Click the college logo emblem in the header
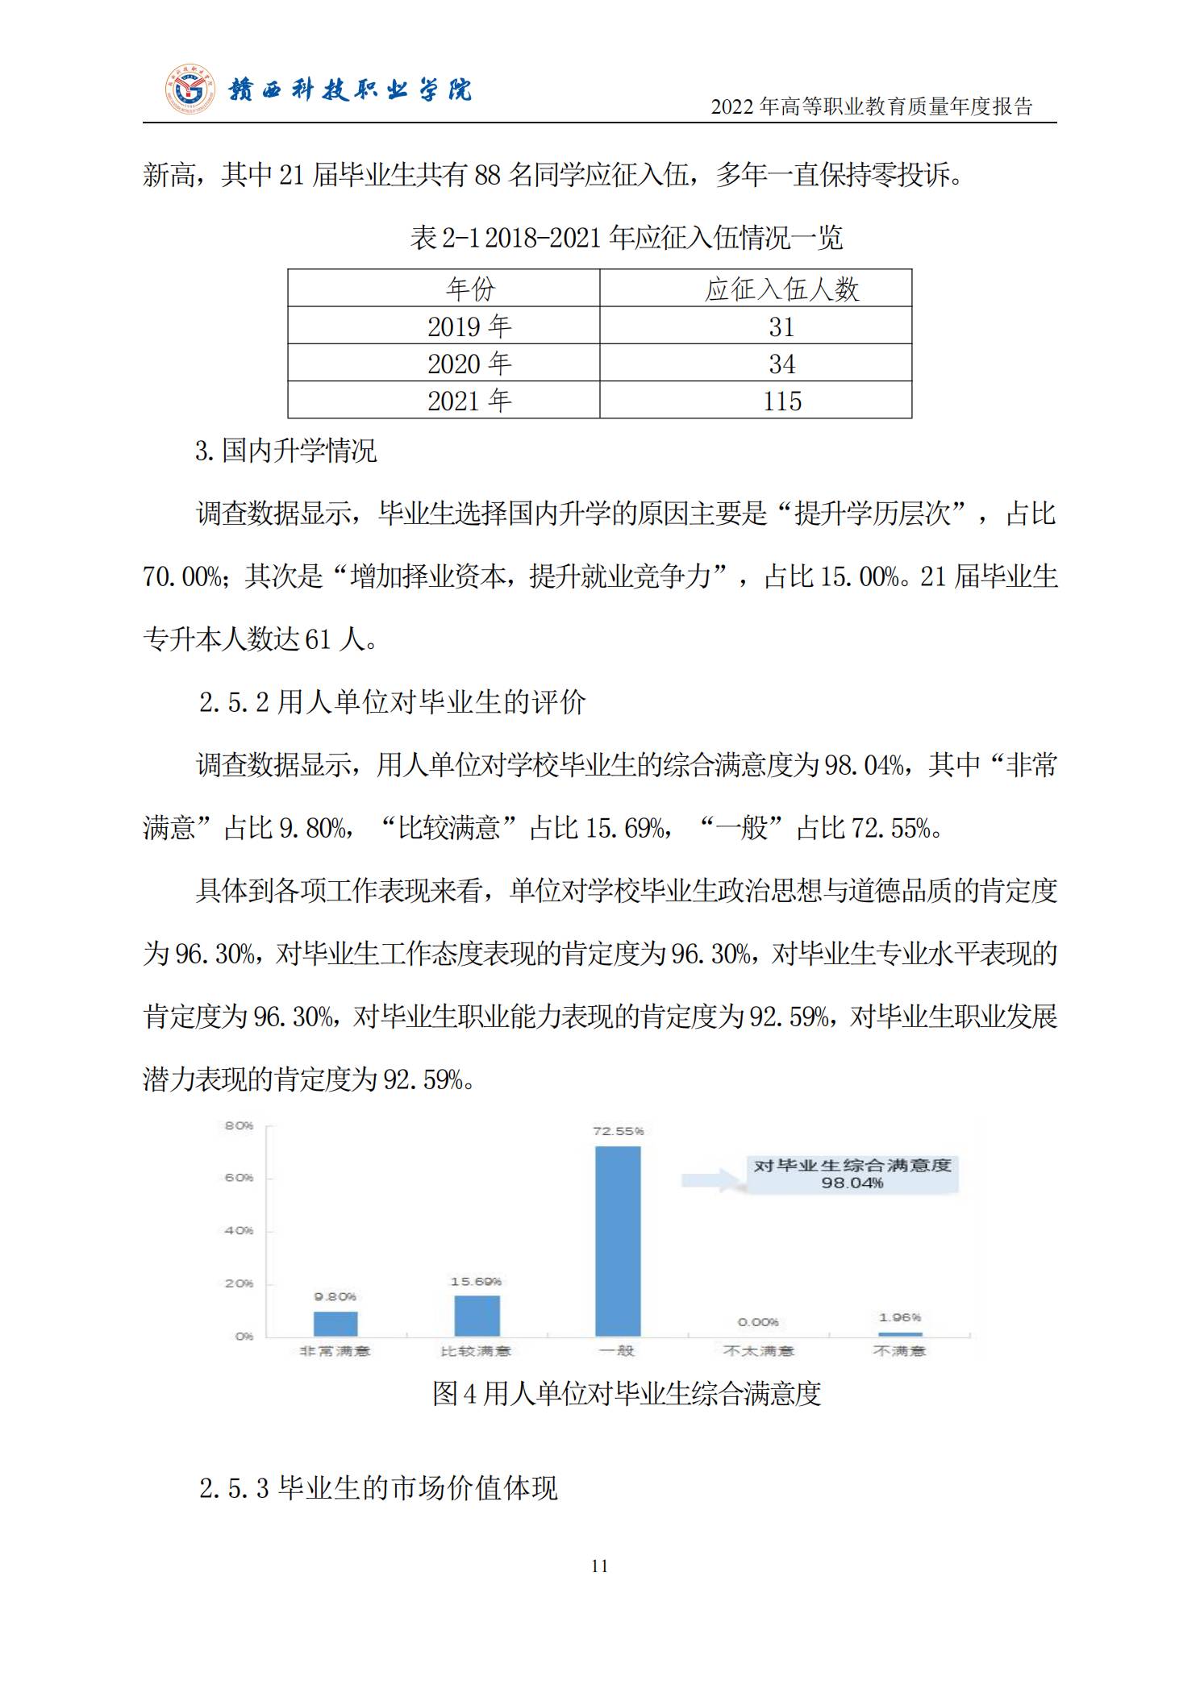[x=191, y=89]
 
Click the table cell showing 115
[x=781, y=401]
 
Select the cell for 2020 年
[x=469, y=364]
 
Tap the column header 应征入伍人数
[x=781, y=289]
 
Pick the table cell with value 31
[x=781, y=327]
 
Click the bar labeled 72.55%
[x=618, y=1242]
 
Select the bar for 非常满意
[x=335, y=1324]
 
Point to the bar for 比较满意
[x=477, y=1316]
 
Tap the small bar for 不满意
[x=900, y=1334]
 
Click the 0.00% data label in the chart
[x=758, y=1322]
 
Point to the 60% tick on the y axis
[x=239, y=1178]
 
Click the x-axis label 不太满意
[x=758, y=1351]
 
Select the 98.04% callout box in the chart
[x=852, y=1174]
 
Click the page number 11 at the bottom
[x=599, y=1566]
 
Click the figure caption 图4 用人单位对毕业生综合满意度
[x=626, y=1393]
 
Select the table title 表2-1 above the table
[x=626, y=237]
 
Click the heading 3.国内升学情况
[x=285, y=450]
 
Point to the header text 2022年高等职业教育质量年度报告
[x=871, y=106]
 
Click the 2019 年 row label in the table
[x=469, y=327]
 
